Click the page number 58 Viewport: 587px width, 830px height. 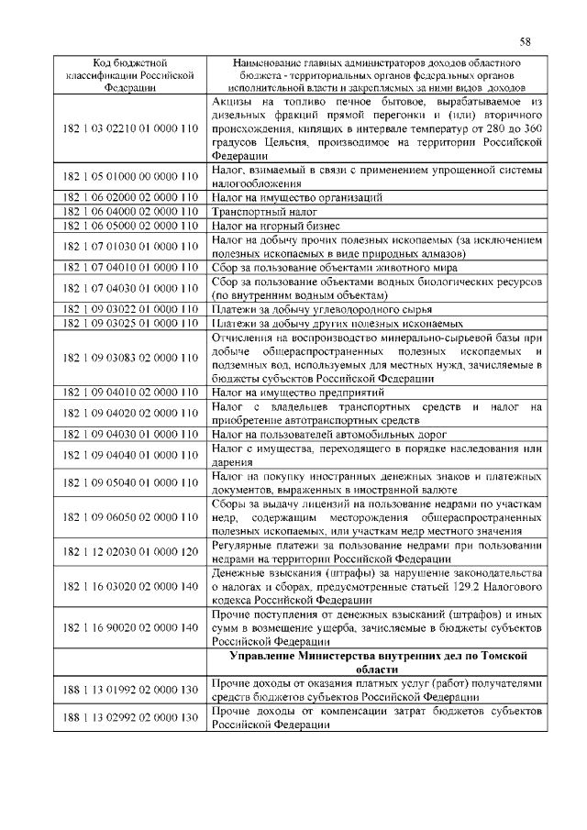click(525, 41)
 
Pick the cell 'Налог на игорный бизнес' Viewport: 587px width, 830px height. click(276, 226)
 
